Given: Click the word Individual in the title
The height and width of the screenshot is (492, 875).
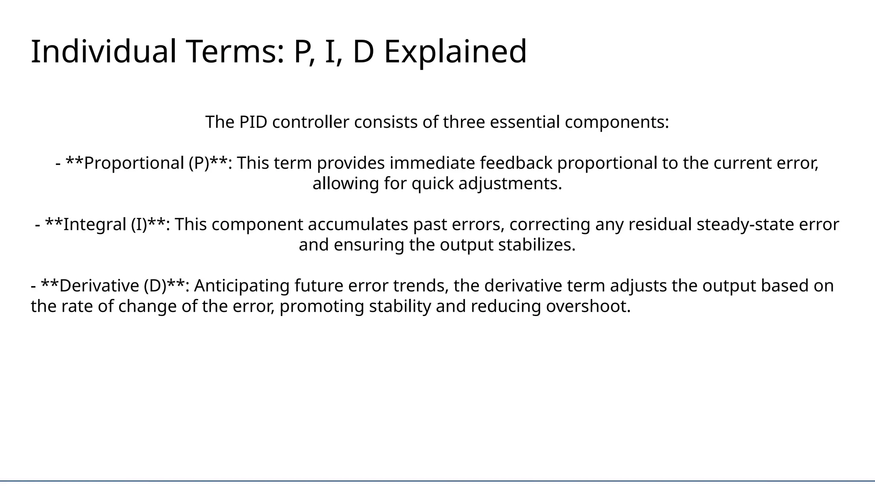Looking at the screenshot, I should coord(103,52).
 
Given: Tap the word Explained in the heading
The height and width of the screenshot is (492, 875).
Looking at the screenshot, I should coord(455,52).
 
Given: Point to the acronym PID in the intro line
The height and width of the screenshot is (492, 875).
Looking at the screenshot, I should coord(253,122).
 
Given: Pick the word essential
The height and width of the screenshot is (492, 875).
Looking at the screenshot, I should coord(524,122).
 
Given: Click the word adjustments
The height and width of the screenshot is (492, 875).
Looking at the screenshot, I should coord(510,184).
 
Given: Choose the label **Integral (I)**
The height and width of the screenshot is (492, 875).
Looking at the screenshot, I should coord(107,225).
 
